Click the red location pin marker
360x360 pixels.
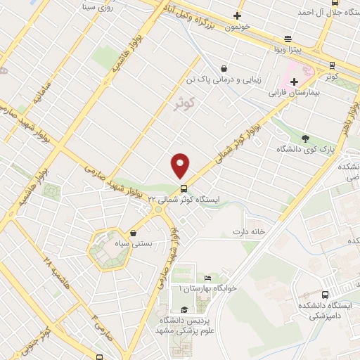[180, 165]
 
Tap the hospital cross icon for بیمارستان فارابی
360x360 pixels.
[294, 82]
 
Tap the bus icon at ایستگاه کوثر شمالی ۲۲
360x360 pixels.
[184, 188]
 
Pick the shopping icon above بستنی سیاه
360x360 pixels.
[133, 232]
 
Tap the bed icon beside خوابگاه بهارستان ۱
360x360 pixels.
[188, 278]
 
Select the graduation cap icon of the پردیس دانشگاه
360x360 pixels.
[184, 309]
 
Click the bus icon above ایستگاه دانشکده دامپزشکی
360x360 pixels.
[325, 295]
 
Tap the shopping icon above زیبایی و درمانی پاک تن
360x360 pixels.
[224, 68]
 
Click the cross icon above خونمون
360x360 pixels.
[238, 15]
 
